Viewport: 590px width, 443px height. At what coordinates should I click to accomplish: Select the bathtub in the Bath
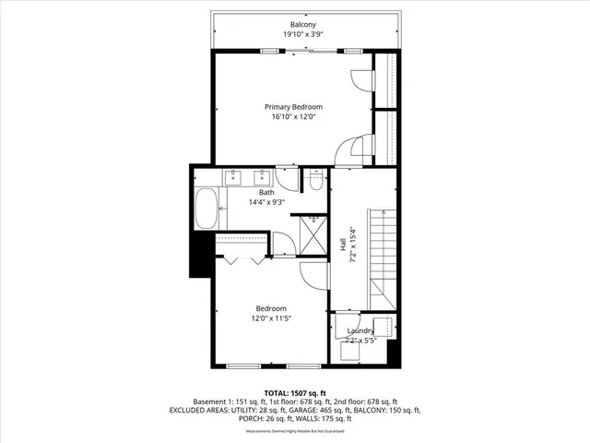[x=206, y=210]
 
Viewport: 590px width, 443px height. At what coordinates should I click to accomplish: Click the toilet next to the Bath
[x=316, y=183]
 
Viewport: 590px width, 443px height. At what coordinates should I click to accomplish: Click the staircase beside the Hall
[x=383, y=258]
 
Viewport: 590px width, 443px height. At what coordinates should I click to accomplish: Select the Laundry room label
[x=360, y=331]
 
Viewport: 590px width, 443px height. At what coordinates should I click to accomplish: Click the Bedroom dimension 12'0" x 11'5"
[x=270, y=318]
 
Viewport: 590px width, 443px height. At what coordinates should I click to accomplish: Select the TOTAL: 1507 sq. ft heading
[x=295, y=393]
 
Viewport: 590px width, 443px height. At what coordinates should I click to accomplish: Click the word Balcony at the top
[x=297, y=24]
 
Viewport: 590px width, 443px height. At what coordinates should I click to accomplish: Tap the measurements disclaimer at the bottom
[x=295, y=432]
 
